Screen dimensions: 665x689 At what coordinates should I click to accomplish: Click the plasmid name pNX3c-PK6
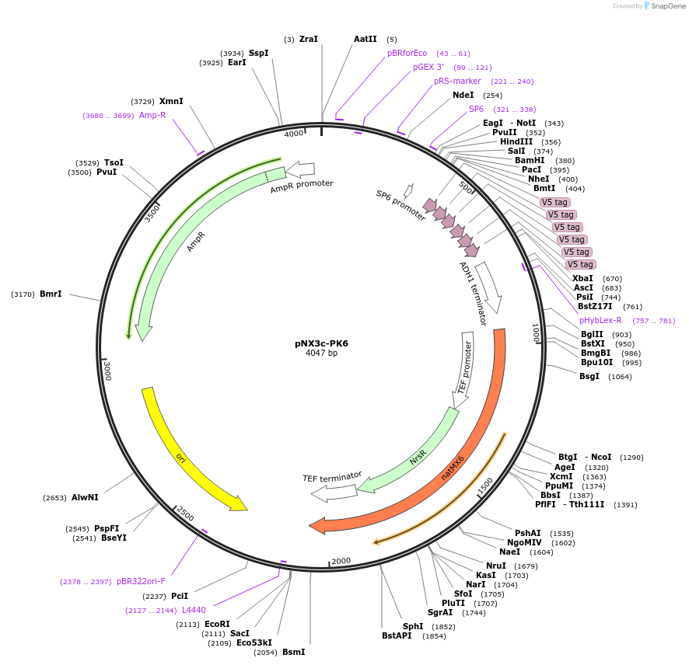[321, 343]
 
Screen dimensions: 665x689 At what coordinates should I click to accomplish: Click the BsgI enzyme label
[589, 377]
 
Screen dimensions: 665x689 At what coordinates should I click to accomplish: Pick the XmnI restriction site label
[171, 101]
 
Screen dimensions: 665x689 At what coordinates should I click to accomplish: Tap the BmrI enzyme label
[51, 294]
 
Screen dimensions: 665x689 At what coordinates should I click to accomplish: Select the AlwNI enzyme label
[85, 497]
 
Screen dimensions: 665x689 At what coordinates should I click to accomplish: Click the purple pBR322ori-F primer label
[141, 581]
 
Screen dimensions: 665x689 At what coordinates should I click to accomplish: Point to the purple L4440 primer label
[194, 610]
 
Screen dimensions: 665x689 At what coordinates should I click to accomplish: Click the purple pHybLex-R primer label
[600, 320]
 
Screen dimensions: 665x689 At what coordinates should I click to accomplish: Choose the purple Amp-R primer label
[152, 115]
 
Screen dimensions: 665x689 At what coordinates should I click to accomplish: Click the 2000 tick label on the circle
[341, 561]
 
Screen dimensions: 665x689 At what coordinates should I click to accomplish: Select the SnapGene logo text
[666, 6]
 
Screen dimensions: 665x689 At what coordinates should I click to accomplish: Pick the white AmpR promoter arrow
[300, 169]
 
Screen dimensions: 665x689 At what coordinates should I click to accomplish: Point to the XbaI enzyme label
[582, 278]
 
